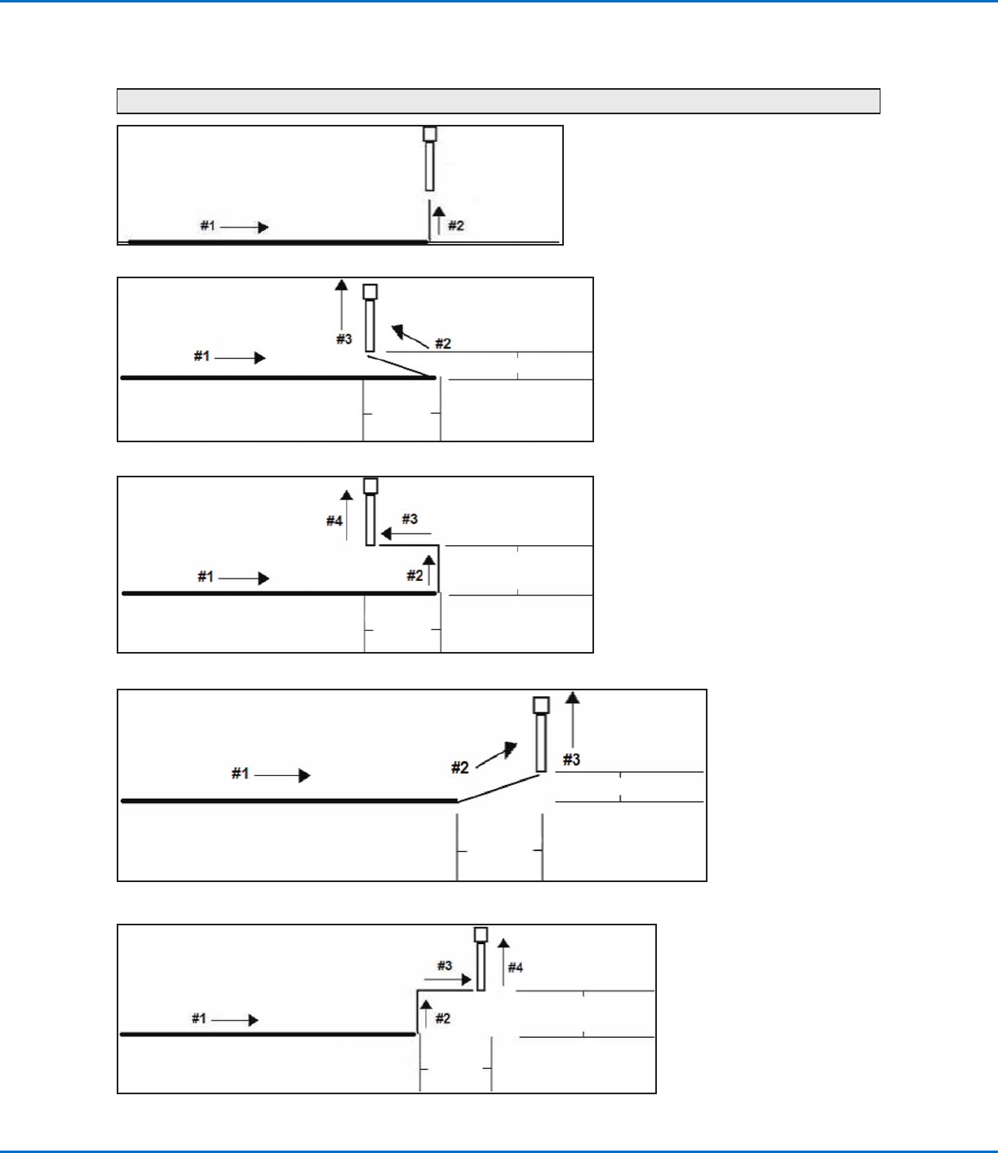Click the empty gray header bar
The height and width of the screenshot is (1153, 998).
(498, 100)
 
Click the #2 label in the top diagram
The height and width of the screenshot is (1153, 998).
(456, 226)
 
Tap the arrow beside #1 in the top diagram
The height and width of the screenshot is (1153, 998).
(245, 227)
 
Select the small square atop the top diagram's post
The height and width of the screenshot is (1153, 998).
(430, 134)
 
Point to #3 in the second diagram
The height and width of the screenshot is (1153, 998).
(344, 339)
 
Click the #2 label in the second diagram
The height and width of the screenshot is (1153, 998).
(443, 344)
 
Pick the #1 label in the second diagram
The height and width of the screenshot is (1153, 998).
(202, 356)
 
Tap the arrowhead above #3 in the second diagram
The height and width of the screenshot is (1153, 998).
(341, 285)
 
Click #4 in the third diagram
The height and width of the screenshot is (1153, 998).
(335, 521)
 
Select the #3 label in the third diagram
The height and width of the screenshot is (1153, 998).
(410, 519)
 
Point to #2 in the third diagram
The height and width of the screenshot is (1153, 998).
(415, 575)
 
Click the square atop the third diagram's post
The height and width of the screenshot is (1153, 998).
(370, 486)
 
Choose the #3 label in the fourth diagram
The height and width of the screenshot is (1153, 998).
(571, 760)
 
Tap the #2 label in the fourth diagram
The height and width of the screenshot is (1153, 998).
(460, 767)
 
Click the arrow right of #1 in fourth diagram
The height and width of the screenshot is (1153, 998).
(282, 775)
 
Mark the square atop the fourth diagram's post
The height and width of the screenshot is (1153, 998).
(541, 705)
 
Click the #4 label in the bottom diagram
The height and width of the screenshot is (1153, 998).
(516, 968)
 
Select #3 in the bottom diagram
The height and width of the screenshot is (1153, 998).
(444, 965)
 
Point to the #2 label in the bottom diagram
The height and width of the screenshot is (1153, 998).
(443, 1018)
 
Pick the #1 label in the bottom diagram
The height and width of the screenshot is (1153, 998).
(199, 1018)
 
